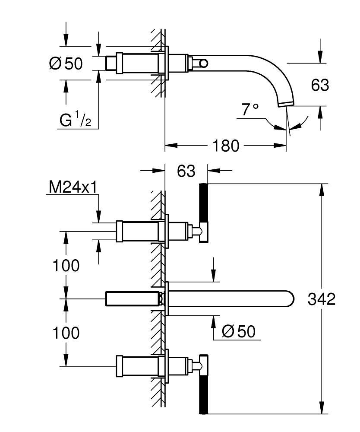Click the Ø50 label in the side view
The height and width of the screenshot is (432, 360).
tap(66, 64)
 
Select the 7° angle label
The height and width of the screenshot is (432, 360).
tap(250, 110)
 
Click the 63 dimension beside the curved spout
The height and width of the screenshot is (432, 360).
tap(320, 85)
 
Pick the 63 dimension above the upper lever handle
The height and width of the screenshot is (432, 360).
tap(186, 171)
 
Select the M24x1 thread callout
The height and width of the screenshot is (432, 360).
tap(73, 187)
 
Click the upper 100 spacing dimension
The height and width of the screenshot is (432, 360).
tap(66, 266)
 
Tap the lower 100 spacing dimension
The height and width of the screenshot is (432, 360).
tap(66, 333)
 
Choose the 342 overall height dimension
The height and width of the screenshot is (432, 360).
tap(321, 299)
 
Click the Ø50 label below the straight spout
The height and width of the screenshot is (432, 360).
tap(238, 332)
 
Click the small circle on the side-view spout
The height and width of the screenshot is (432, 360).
tap(202, 64)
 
